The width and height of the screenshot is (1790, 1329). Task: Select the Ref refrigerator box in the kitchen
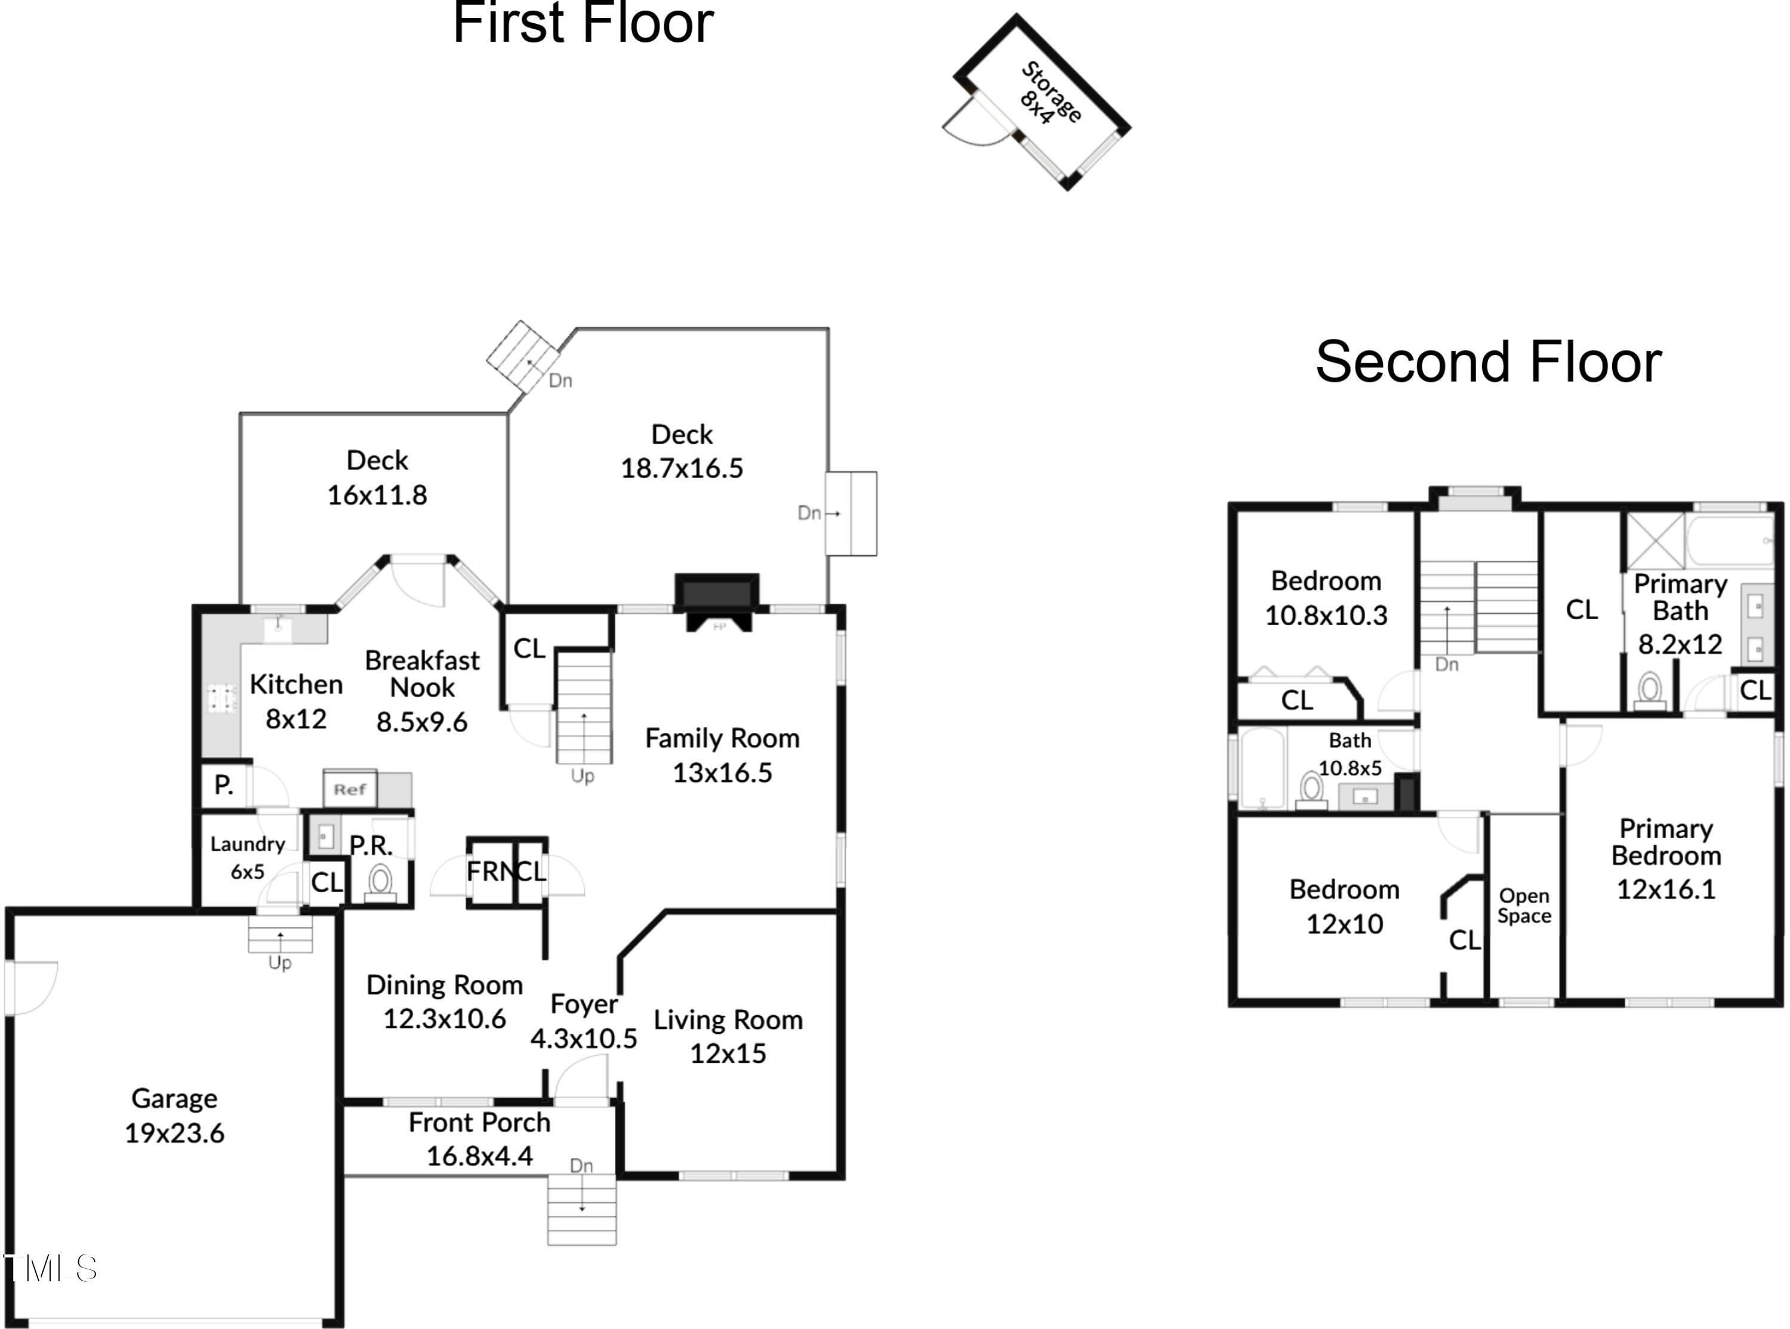[350, 789]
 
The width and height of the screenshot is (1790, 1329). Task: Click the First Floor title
[584, 23]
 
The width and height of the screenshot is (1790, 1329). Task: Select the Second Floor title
[1488, 361]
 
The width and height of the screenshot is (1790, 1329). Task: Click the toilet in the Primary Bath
[1651, 690]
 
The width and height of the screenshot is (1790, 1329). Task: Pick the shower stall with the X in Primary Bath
[1656, 540]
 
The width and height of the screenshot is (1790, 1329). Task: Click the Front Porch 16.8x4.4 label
[480, 1138]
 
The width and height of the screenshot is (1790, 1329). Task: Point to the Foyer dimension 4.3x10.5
[584, 1038]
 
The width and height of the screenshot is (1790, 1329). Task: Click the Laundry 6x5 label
[248, 857]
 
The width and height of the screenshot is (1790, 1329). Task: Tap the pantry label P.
[224, 784]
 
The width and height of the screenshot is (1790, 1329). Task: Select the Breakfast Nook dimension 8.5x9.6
[422, 722]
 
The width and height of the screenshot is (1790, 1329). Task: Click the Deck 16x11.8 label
[377, 477]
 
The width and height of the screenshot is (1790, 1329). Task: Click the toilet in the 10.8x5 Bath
[1311, 789]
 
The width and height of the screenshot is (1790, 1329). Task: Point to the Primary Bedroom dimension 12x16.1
[1666, 889]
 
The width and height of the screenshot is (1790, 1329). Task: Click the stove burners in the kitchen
[222, 699]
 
